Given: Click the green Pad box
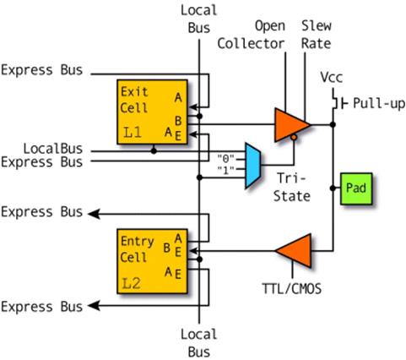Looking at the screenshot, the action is click(356, 188).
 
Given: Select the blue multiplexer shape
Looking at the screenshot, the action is click(253, 166).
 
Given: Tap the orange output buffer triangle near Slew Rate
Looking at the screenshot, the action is click(292, 124).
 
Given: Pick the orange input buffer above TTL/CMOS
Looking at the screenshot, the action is click(294, 250).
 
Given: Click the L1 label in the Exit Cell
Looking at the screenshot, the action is click(133, 133).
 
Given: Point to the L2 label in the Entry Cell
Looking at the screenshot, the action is click(132, 283).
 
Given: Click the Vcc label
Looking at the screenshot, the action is click(332, 77).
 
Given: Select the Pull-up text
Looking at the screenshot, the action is click(379, 103).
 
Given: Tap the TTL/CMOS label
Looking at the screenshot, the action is click(292, 288).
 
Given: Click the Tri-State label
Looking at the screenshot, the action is click(292, 187).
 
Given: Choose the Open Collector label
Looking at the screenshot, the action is click(252, 35).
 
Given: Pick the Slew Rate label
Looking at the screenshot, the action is click(317, 35).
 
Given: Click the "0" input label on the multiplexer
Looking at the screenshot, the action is click(226, 159).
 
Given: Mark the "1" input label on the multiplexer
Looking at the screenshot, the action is click(226, 170).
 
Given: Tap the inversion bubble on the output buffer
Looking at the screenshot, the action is click(294, 138).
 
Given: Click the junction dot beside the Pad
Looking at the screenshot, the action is click(333, 188).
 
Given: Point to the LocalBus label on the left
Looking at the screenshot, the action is click(53, 149).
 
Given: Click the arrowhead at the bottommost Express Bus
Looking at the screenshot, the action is click(94, 305).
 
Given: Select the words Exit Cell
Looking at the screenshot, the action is click(134, 100).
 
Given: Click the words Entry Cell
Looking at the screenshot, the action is click(137, 249).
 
